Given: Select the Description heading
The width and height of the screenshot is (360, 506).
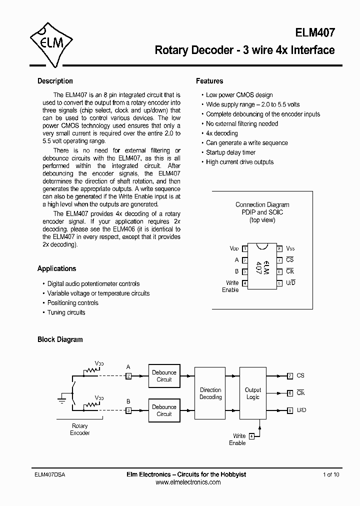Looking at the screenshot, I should (x=55, y=81).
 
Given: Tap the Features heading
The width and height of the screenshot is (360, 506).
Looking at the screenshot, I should (x=209, y=81).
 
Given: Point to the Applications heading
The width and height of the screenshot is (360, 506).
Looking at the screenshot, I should (x=56, y=268).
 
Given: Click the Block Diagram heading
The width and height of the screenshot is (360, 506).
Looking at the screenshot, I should (x=60, y=339).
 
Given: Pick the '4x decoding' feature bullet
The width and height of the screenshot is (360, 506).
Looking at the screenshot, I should (x=221, y=133).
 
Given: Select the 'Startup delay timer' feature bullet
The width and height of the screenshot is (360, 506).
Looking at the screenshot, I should (x=230, y=152).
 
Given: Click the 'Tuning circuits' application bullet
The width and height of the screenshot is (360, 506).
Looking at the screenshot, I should (x=66, y=312).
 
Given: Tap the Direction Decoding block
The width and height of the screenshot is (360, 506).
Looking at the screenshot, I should (x=210, y=393).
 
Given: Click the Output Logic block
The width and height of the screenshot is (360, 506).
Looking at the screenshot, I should (x=252, y=393).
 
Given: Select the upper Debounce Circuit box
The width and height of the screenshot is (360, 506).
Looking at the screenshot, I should (x=164, y=376).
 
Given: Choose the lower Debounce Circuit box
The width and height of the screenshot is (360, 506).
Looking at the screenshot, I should (x=164, y=410).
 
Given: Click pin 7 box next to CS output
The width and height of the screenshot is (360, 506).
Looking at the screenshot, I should (x=290, y=376).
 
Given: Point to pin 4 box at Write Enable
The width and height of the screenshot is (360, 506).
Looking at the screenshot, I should (x=251, y=436).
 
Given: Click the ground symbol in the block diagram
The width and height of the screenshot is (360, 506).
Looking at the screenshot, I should (x=61, y=399).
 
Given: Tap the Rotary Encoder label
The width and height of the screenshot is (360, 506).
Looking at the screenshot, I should (x=79, y=429).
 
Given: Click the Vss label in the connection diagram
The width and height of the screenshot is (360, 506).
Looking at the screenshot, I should (x=290, y=248).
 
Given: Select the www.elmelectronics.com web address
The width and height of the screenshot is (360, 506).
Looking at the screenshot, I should (x=188, y=482).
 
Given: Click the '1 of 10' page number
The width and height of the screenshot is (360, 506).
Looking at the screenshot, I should (x=331, y=474).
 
